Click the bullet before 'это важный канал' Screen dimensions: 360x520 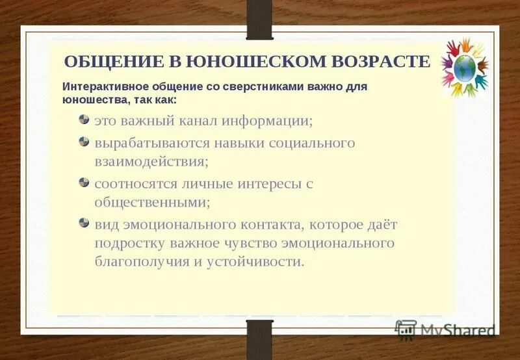click(84, 120)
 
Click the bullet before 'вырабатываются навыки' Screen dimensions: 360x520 click(84, 140)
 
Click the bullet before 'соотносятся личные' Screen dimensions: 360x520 click(84, 182)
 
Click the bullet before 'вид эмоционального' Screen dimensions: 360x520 click(84, 222)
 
